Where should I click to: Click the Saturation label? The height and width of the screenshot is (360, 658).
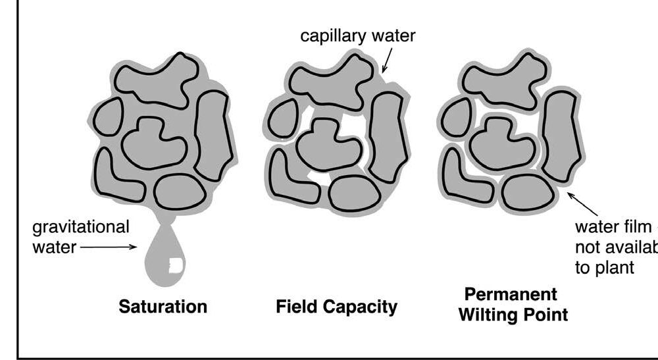pos(163,307)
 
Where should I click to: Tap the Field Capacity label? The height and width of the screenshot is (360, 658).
pos(336,307)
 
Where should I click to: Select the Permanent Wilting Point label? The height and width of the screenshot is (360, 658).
pos(513,303)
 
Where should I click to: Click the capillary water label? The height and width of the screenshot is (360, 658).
pos(358,36)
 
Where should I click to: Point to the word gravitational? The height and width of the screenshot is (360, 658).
pos(81,227)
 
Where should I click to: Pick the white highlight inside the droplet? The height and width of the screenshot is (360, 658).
pos(176,267)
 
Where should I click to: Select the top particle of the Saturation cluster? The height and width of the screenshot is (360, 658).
pos(157,79)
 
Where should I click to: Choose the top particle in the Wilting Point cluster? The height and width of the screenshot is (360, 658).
pos(504,80)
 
